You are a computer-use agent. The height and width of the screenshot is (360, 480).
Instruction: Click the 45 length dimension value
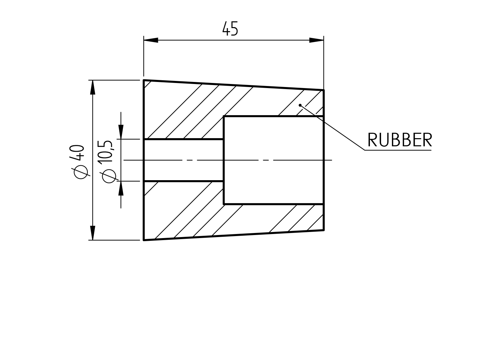(x=230, y=29)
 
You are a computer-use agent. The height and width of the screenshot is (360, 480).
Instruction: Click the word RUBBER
(x=400, y=140)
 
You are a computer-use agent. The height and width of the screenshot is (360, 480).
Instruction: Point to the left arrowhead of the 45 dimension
(x=151, y=40)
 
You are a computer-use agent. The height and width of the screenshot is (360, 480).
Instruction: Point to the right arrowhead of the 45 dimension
(x=316, y=40)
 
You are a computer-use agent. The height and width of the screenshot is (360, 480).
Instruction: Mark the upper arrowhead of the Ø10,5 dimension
(x=121, y=132)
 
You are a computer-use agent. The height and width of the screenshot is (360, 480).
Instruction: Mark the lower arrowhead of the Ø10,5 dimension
(x=121, y=188)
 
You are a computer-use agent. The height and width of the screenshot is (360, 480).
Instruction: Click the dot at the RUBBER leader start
(x=300, y=105)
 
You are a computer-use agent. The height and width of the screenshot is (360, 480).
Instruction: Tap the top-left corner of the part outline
(x=144, y=80)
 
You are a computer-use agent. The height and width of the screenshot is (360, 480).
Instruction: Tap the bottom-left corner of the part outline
(x=144, y=240)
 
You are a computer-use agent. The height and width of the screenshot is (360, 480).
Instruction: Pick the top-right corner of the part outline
(x=324, y=90)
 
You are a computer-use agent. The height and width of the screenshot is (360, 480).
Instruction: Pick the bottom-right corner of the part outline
(x=324, y=230)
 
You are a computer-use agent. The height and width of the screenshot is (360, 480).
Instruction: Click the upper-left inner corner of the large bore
(x=224, y=117)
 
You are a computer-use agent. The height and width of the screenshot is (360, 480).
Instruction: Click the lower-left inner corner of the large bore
(x=224, y=204)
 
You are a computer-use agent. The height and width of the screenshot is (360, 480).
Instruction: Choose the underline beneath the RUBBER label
(x=398, y=150)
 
